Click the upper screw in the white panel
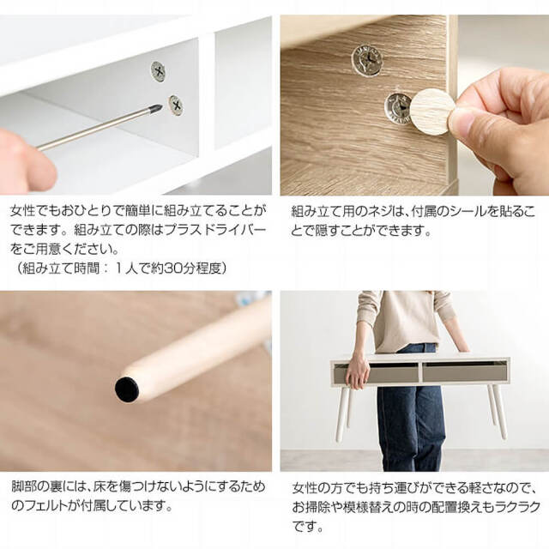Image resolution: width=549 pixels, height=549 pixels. point(158,71)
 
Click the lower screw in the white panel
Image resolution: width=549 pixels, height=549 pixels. point(176,106)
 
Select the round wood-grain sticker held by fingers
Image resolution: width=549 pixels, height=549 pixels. point(432,112)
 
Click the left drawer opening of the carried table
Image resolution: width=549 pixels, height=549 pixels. point(383,372)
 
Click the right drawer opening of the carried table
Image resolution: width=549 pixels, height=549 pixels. point(464,371)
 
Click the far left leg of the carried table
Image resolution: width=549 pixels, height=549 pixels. point(341,413)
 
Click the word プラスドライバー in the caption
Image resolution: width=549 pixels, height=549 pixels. point(221,231)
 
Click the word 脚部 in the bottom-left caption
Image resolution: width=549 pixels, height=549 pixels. point(23,486)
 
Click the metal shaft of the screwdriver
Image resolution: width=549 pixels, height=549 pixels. point(94,129)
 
